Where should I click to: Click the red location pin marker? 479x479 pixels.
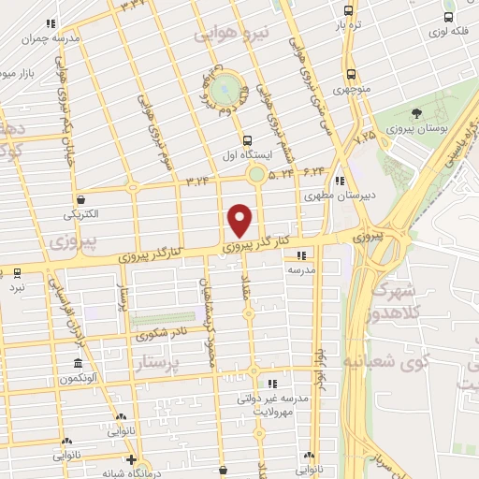pyautogui.click(x=240, y=220)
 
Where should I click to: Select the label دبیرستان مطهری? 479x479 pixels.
pyautogui.click(x=325, y=196)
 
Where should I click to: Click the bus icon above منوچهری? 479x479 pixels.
pyautogui.click(x=350, y=74)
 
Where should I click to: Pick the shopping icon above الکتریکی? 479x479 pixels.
pyautogui.click(x=81, y=199)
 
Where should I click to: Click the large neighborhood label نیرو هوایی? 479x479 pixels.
pyautogui.click(x=231, y=34)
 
